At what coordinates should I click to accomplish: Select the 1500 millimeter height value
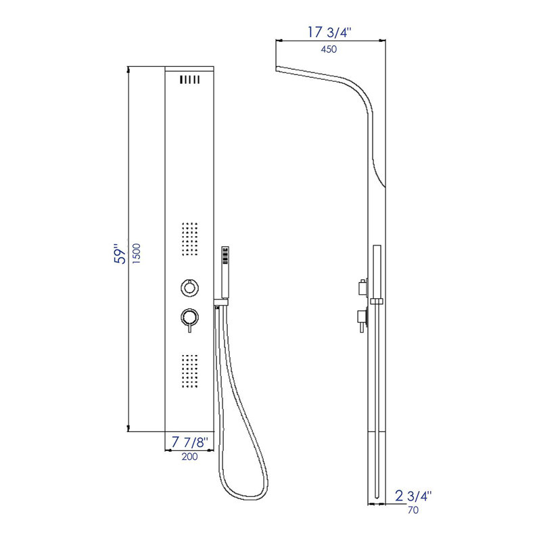137,256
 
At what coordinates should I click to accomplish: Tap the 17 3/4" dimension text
329,31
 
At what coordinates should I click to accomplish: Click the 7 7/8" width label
191,442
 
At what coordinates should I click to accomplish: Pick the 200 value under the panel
189,458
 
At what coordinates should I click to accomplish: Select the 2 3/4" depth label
413,496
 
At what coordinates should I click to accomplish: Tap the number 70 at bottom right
413,511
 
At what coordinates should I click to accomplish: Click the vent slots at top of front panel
191,80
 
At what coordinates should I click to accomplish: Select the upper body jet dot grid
191,238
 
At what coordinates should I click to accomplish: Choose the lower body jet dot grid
191,371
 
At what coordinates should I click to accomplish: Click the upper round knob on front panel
190,287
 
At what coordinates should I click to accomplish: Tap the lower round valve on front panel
190,316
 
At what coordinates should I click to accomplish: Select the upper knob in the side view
362,286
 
